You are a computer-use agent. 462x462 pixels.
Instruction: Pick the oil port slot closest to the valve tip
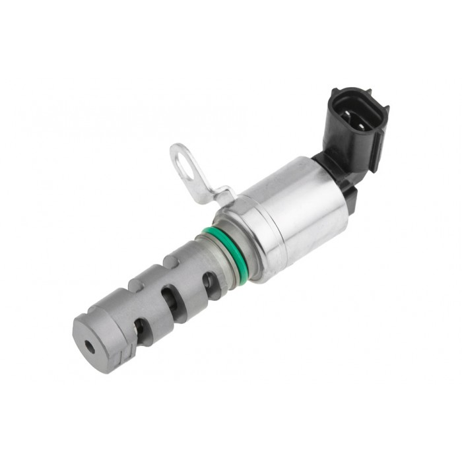click(x=140, y=326)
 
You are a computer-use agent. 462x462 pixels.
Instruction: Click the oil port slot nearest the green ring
click(x=210, y=284)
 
